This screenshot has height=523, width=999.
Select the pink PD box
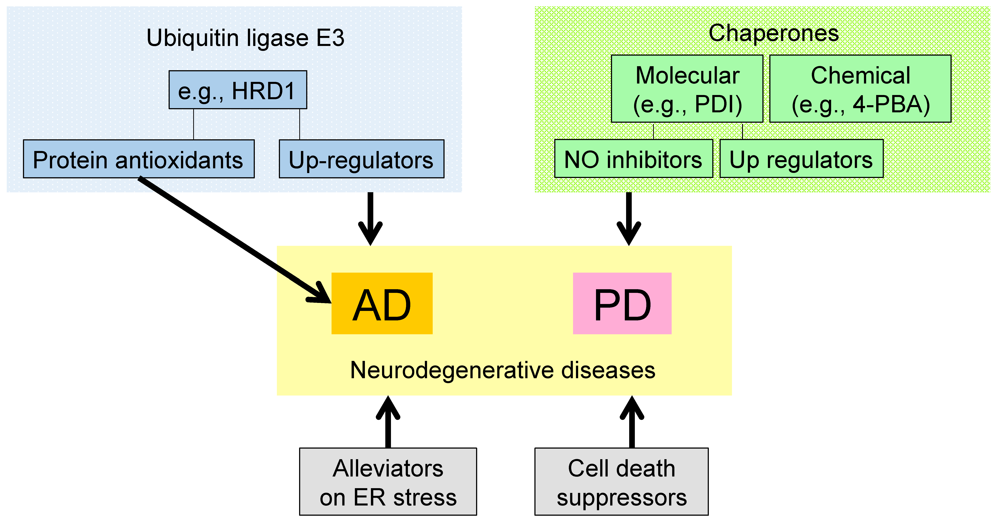[622, 303]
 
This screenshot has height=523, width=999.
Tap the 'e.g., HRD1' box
[238, 90]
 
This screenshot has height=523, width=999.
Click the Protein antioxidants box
[139, 159]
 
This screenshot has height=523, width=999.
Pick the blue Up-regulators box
[361, 159]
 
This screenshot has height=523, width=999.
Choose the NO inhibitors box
[633, 159]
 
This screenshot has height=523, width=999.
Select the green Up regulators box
[801, 159]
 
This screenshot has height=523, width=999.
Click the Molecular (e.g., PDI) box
[687, 89]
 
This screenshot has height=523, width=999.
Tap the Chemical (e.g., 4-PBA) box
[860, 89]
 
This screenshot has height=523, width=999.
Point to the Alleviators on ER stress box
[388, 481]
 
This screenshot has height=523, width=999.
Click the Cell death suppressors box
[621, 481]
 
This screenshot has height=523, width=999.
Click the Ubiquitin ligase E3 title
[246, 38]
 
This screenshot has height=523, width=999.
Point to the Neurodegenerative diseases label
[503, 370]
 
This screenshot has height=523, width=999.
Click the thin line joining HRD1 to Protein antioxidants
[194, 124]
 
